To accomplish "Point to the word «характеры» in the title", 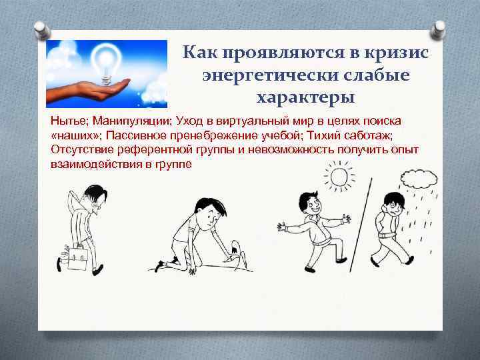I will coord(306,97).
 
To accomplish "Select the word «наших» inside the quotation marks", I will coord(71,135).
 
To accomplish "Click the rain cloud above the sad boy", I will coord(419,179).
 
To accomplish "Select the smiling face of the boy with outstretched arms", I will coord(313,207).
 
